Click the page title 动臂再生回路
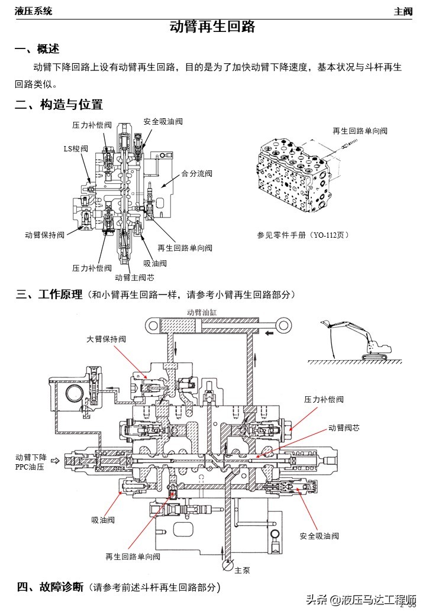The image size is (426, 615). click(x=212, y=27)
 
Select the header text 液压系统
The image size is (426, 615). click(x=33, y=11)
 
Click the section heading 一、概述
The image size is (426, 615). click(x=37, y=48)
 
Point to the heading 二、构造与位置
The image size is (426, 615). click(x=59, y=105)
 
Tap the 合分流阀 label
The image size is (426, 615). click(x=196, y=174)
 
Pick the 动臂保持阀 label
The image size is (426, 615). click(x=44, y=235)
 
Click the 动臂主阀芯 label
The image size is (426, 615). click(x=134, y=277)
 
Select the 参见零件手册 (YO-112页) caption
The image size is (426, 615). click(x=303, y=235)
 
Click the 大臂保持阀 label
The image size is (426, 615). click(x=106, y=339)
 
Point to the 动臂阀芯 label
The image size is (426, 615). click(x=344, y=428)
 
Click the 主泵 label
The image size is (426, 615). click(x=243, y=571)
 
